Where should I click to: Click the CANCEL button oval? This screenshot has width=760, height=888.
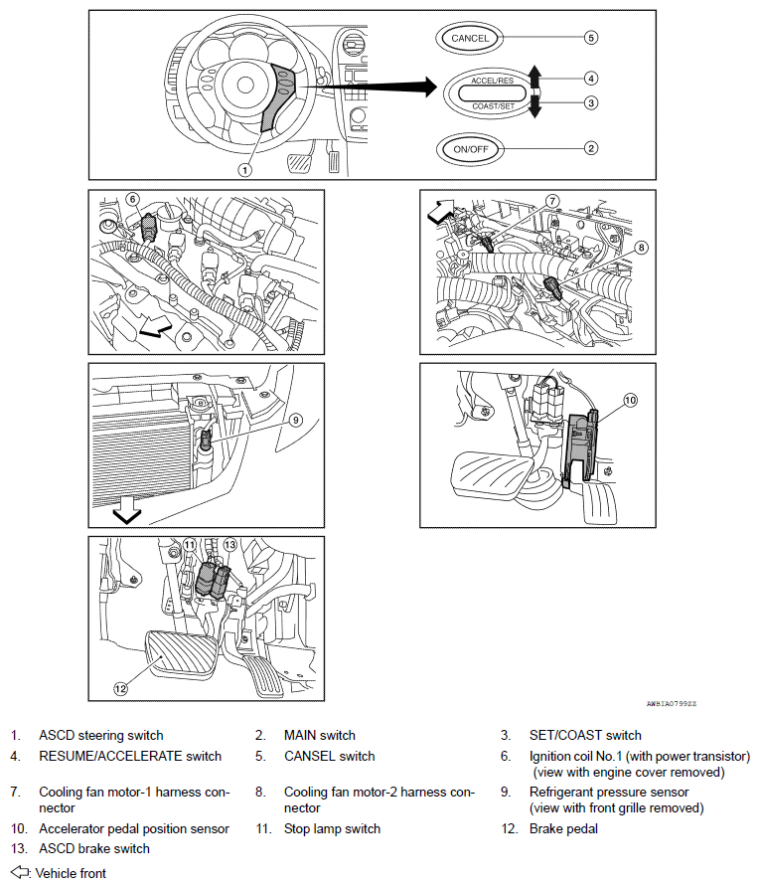(470, 38)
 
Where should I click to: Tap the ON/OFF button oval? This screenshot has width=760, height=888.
(470, 148)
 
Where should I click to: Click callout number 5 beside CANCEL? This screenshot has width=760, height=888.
(590, 38)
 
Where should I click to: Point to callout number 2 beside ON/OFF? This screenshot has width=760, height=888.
(590, 148)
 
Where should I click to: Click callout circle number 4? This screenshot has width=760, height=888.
(590, 78)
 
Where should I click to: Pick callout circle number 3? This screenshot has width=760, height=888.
(590, 102)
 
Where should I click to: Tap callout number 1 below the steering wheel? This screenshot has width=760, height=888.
(244, 169)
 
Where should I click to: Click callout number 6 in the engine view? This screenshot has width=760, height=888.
(133, 199)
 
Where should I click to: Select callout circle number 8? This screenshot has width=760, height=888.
(641, 247)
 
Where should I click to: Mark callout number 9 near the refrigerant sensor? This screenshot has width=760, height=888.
(295, 420)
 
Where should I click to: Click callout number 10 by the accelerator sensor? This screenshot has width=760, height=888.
(629, 401)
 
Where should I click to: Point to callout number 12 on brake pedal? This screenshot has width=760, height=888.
(119, 686)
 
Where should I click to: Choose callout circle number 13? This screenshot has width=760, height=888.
(228, 544)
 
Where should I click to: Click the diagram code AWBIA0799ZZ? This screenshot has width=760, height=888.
(671, 703)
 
